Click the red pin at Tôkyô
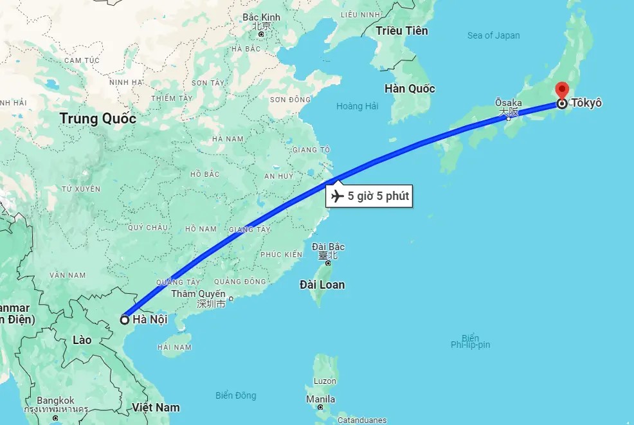click(563, 91)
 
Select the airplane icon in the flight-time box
click(337, 196)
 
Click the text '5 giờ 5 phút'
click(378, 196)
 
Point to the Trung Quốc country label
click(98, 119)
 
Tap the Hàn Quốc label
click(410, 89)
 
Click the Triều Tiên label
click(402, 31)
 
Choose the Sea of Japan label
click(493, 36)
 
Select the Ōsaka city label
click(508, 102)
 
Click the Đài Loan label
click(322, 284)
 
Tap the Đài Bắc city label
click(328, 247)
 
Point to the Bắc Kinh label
click(261, 17)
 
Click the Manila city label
click(320, 399)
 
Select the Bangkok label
click(55, 401)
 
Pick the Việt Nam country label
click(156, 407)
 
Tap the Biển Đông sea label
click(235, 395)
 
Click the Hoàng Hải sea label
click(357, 106)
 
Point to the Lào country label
click(82, 339)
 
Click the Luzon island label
click(325, 381)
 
